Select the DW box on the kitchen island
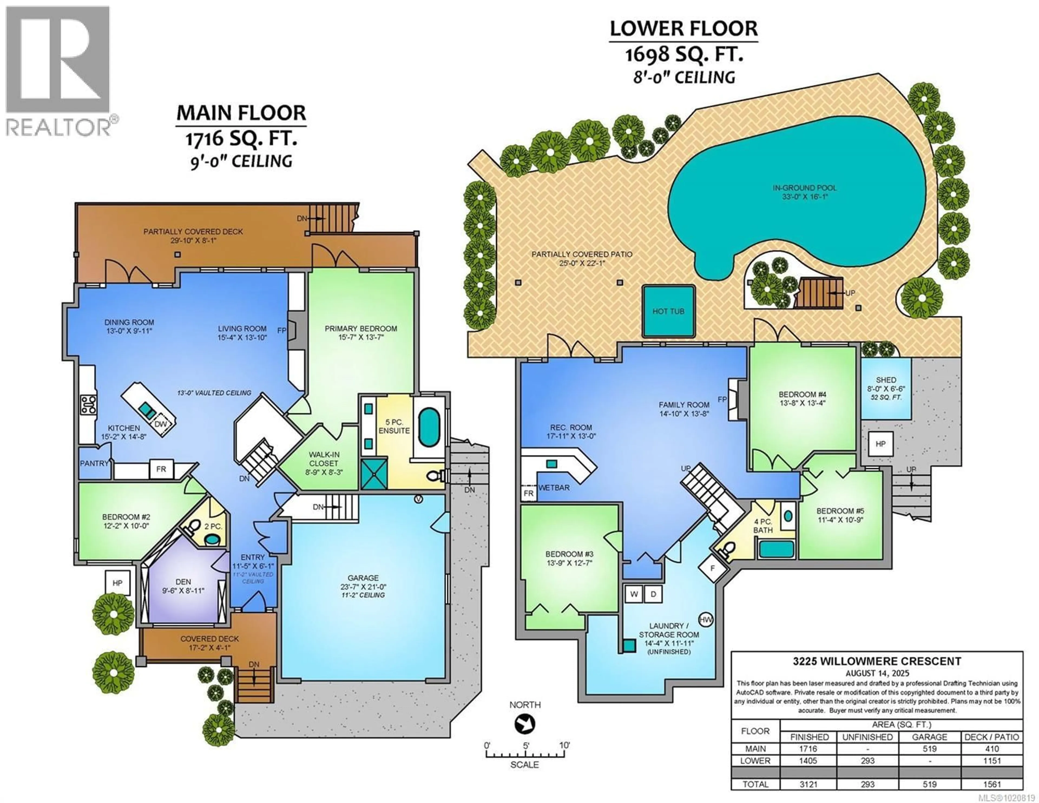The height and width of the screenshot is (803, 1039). (x=160, y=424)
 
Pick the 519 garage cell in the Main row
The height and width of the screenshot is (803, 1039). (x=929, y=749)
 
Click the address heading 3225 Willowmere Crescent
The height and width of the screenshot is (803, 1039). (x=877, y=661)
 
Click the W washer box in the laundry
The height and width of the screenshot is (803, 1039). (x=634, y=594)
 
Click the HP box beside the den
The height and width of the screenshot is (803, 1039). (x=117, y=583)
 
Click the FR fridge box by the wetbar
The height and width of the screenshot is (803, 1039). (x=528, y=493)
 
